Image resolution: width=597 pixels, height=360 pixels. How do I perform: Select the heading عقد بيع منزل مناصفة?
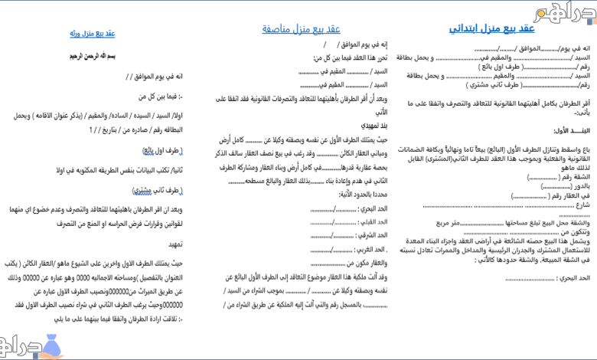[x=302, y=29]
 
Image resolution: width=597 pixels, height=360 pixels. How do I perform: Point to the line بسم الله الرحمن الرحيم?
[x=96, y=57]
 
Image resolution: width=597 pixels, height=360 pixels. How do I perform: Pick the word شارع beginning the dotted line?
[x=584, y=205]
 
